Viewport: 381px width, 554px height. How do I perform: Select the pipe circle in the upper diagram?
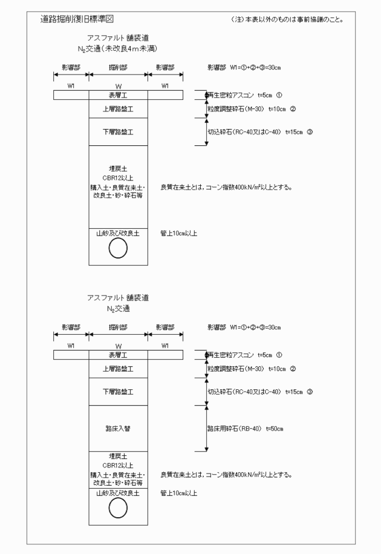tap(119, 247)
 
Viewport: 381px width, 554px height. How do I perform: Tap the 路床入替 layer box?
tap(119, 428)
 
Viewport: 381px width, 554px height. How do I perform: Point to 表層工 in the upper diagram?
tap(119, 95)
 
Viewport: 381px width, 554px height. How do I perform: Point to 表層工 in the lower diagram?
tap(119, 355)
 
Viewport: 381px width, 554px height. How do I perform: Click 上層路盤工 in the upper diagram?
tap(119, 109)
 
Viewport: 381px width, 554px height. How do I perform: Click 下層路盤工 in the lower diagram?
tap(119, 392)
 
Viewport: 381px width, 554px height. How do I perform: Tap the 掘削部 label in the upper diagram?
tap(118, 67)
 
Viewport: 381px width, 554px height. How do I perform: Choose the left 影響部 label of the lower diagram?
tap(71, 327)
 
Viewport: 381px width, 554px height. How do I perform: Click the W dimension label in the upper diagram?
tap(119, 85)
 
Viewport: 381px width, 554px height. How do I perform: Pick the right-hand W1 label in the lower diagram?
tap(165, 345)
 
